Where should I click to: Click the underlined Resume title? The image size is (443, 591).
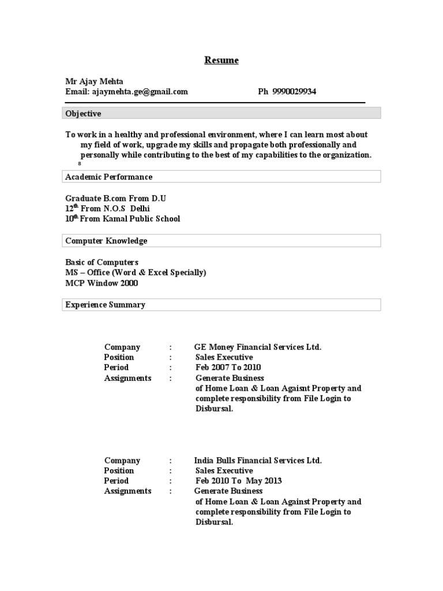point(222,60)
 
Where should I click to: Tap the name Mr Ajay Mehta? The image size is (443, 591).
point(94,81)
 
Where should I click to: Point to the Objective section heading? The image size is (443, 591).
point(83,114)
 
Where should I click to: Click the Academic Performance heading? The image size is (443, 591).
point(108,177)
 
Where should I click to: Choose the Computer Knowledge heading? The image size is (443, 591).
point(106,241)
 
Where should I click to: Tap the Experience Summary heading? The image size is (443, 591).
point(105,305)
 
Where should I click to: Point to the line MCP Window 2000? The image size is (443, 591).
point(102,283)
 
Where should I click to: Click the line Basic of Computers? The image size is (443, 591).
point(102,262)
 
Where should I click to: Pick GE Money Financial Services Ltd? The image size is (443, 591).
point(258,347)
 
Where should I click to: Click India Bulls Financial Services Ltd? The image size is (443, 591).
point(258,461)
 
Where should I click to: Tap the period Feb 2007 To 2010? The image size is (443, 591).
point(228,368)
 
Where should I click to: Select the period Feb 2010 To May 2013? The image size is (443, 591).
point(239,481)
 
